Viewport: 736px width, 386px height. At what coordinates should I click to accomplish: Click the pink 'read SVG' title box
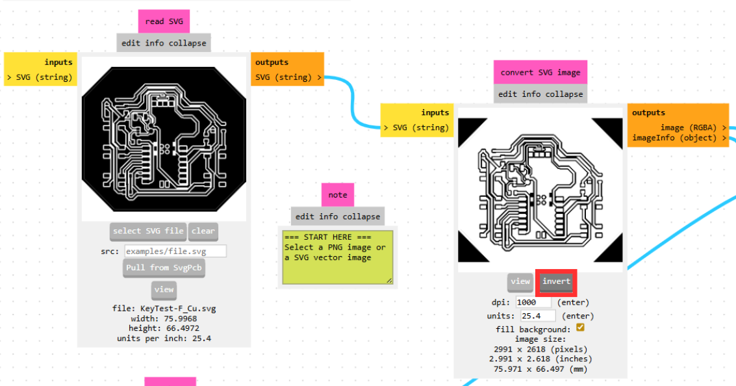(164, 21)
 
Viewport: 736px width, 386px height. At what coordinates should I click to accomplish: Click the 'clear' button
(203, 231)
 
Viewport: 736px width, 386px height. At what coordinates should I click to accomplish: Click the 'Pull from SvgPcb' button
(164, 268)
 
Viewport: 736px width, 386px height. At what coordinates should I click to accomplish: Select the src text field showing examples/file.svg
(175, 251)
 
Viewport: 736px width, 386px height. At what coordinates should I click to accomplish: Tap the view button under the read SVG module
(164, 290)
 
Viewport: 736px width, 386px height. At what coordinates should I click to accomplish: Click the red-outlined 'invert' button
(556, 281)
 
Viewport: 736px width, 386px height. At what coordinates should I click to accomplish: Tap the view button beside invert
(520, 281)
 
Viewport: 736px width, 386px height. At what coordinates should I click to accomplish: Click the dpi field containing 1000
(533, 302)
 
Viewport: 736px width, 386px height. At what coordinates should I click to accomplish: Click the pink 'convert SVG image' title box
(540, 73)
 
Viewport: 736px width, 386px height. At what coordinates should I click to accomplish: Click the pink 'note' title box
(338, 195)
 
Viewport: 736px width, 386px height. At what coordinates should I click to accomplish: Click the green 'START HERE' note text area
(337, 256)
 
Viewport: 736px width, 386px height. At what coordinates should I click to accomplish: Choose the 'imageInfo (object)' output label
(679, 138)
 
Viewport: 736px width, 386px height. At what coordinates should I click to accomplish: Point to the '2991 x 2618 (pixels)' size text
(540, 349)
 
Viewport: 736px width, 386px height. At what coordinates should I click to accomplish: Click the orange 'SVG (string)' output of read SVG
(288, 77)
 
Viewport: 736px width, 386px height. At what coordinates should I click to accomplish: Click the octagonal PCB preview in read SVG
(164, 138)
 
